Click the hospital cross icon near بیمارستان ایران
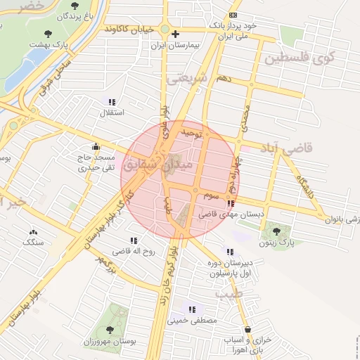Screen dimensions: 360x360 (x=176, y=33)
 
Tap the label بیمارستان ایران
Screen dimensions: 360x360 (x=176, y=44)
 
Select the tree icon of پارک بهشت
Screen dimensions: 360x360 (x=48, y=33)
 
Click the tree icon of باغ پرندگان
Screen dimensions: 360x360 (x=75, y=6)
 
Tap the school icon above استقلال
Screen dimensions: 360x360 (x=112, y=102)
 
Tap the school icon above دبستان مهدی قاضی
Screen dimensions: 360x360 (x=231, y=204)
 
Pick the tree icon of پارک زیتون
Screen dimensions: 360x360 (x=275, y=230)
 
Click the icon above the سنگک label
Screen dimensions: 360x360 (x=32, y=232)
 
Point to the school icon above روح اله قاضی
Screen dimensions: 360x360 (x=134, y=241)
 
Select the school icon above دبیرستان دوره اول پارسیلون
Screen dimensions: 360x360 (x=229, y=252)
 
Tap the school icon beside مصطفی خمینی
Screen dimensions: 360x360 (x=191, y=309)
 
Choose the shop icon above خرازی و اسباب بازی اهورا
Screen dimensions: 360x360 (x=247, y=329)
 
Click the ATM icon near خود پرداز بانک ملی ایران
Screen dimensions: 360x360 (x=233, y=15)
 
